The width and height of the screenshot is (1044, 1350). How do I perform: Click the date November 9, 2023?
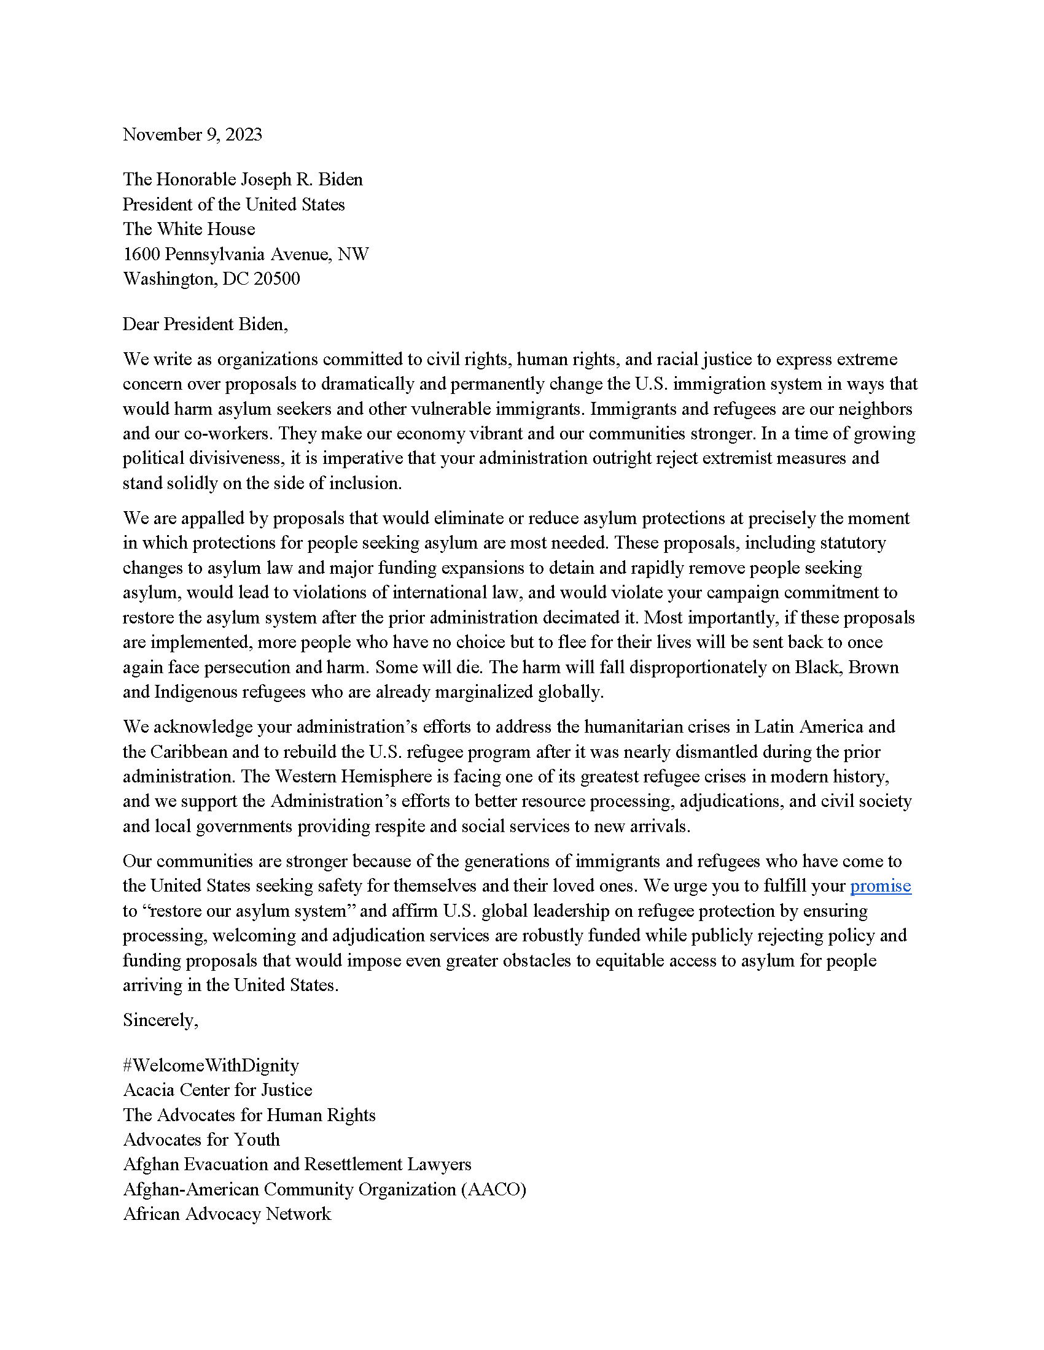point(192,135)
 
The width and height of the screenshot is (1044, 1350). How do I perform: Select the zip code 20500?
point(276,279)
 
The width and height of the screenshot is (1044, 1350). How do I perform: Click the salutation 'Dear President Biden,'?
point(205,324)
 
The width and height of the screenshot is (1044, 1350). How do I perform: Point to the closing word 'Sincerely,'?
point(161,1020)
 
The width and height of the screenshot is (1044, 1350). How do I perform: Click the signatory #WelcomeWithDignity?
point(211,1065)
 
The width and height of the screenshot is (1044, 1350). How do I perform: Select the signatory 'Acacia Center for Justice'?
point(218,1090)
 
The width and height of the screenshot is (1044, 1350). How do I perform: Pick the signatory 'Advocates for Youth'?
point(201,1140)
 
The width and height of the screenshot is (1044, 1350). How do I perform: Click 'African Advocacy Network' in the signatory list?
point(227,1214)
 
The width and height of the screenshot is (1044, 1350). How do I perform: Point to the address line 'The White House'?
point(189,229)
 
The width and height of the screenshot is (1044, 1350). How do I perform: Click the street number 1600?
point(142,254)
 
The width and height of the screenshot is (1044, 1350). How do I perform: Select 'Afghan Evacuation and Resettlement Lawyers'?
point(297,1164)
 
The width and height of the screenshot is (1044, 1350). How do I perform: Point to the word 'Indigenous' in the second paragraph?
point(195,692)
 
